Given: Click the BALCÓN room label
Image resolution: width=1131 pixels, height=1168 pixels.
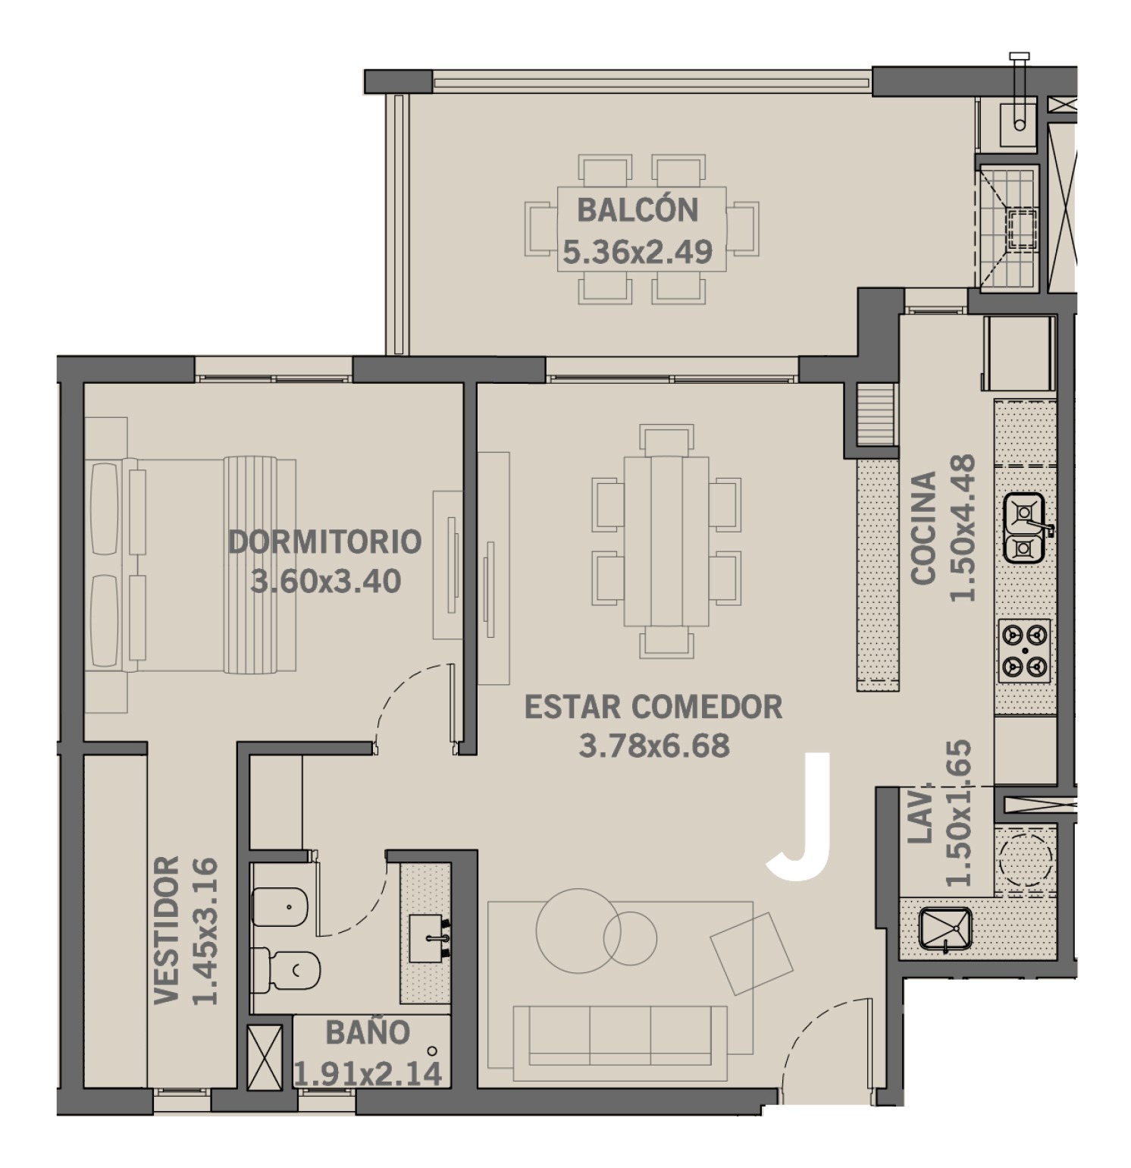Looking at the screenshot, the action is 638,209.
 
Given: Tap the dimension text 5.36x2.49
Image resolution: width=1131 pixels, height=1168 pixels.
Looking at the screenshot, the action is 638,252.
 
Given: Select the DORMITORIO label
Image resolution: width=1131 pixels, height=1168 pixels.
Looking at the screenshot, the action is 325,542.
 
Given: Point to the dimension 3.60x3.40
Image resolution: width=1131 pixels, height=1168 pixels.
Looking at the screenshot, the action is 326,582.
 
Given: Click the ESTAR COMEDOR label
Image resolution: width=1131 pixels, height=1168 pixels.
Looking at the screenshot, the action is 653,706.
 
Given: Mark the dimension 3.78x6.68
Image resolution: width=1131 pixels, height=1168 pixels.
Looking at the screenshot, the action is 654,746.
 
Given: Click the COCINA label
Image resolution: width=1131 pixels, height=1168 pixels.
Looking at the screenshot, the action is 923,528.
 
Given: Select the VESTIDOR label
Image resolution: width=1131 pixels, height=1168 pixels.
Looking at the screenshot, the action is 167,931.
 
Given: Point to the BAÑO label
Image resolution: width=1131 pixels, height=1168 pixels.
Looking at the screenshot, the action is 368,1032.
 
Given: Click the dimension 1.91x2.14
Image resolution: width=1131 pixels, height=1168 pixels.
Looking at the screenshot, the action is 368,1074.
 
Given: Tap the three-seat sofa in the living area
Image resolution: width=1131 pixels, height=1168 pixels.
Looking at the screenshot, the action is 619,1041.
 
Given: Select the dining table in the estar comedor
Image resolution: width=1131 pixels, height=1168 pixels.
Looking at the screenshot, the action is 666,541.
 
